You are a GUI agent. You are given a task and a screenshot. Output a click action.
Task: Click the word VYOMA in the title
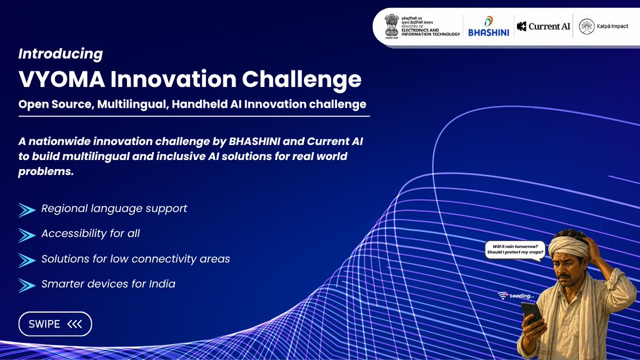point(62,79)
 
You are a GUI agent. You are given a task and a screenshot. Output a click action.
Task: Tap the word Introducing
point(61,54)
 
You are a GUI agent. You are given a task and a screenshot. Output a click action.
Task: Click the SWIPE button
point(55,324)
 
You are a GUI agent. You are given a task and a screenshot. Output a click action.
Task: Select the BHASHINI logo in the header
point(489,26)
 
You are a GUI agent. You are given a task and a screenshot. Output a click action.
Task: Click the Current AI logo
point(543,26)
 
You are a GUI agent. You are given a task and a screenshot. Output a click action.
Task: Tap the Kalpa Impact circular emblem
point(587,26)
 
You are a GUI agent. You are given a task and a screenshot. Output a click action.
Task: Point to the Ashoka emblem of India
point(391,26)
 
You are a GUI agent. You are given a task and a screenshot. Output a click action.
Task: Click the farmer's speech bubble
point(515,250)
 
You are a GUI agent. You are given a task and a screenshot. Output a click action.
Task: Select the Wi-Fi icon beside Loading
point(502,295)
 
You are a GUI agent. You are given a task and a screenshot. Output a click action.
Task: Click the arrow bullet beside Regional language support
point(27,210)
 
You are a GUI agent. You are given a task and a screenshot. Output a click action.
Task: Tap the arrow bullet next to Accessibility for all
point(27,235)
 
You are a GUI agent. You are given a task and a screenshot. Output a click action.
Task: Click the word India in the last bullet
point(162,284)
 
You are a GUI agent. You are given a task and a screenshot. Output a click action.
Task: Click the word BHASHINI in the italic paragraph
point(254,141)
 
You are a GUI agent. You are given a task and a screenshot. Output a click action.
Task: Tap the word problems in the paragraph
point(46,171)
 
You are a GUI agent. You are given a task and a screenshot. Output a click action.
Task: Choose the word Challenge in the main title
point(302,79)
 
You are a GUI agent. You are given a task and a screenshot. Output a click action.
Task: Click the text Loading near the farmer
point(522,296)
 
